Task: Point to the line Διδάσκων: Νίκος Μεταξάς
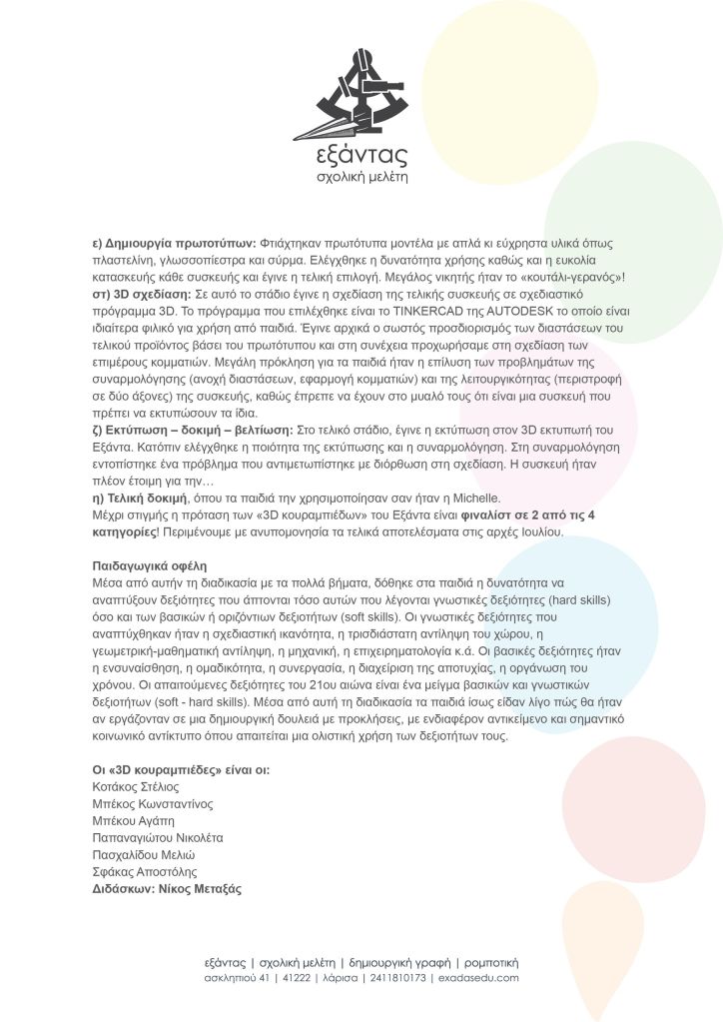click(x=167, y=888)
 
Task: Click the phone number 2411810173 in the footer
click(x=397, y=977)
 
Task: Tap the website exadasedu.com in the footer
click(x=478, y=977)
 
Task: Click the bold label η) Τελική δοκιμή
click(x=139, y=498)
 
